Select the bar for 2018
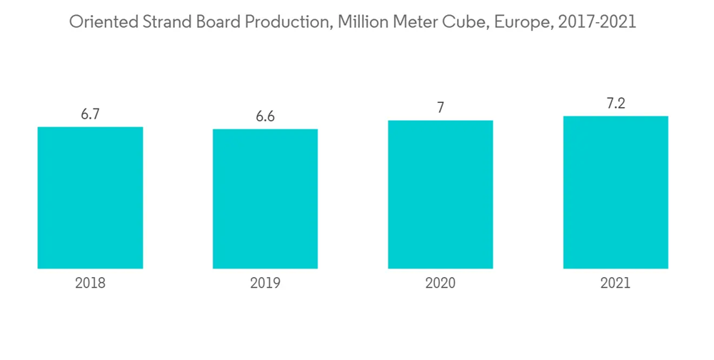(x=90, y=198)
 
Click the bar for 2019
(x=265, y=199)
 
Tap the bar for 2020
(x=441, y=194)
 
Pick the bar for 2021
(x=615, y=192)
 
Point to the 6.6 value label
(x=265, y=116)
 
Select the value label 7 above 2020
(x=441, y=108)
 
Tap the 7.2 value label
(x=615, y=104)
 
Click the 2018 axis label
(x=90, y=283)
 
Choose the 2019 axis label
(x=265, y=283)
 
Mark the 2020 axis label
(x=441, y=283)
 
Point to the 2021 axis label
(x=615, y=283)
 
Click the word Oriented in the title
(x=99, y=23)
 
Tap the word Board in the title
(x=218, y=23)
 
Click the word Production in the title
(x=286, y=23)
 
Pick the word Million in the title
(x=361, y=23)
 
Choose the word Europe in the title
(x=518, y=23)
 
